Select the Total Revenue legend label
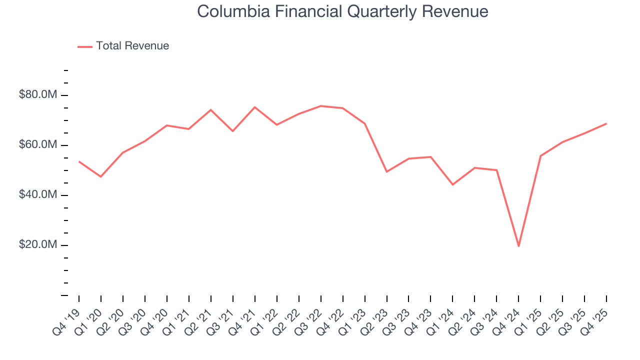132,46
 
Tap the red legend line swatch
85,46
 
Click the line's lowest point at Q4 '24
518,246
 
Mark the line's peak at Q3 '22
320,106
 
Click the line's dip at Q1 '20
101,176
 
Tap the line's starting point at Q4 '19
79,161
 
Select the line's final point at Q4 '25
606,123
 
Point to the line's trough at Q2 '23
386,171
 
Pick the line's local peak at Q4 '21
254,107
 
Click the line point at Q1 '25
540,156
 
